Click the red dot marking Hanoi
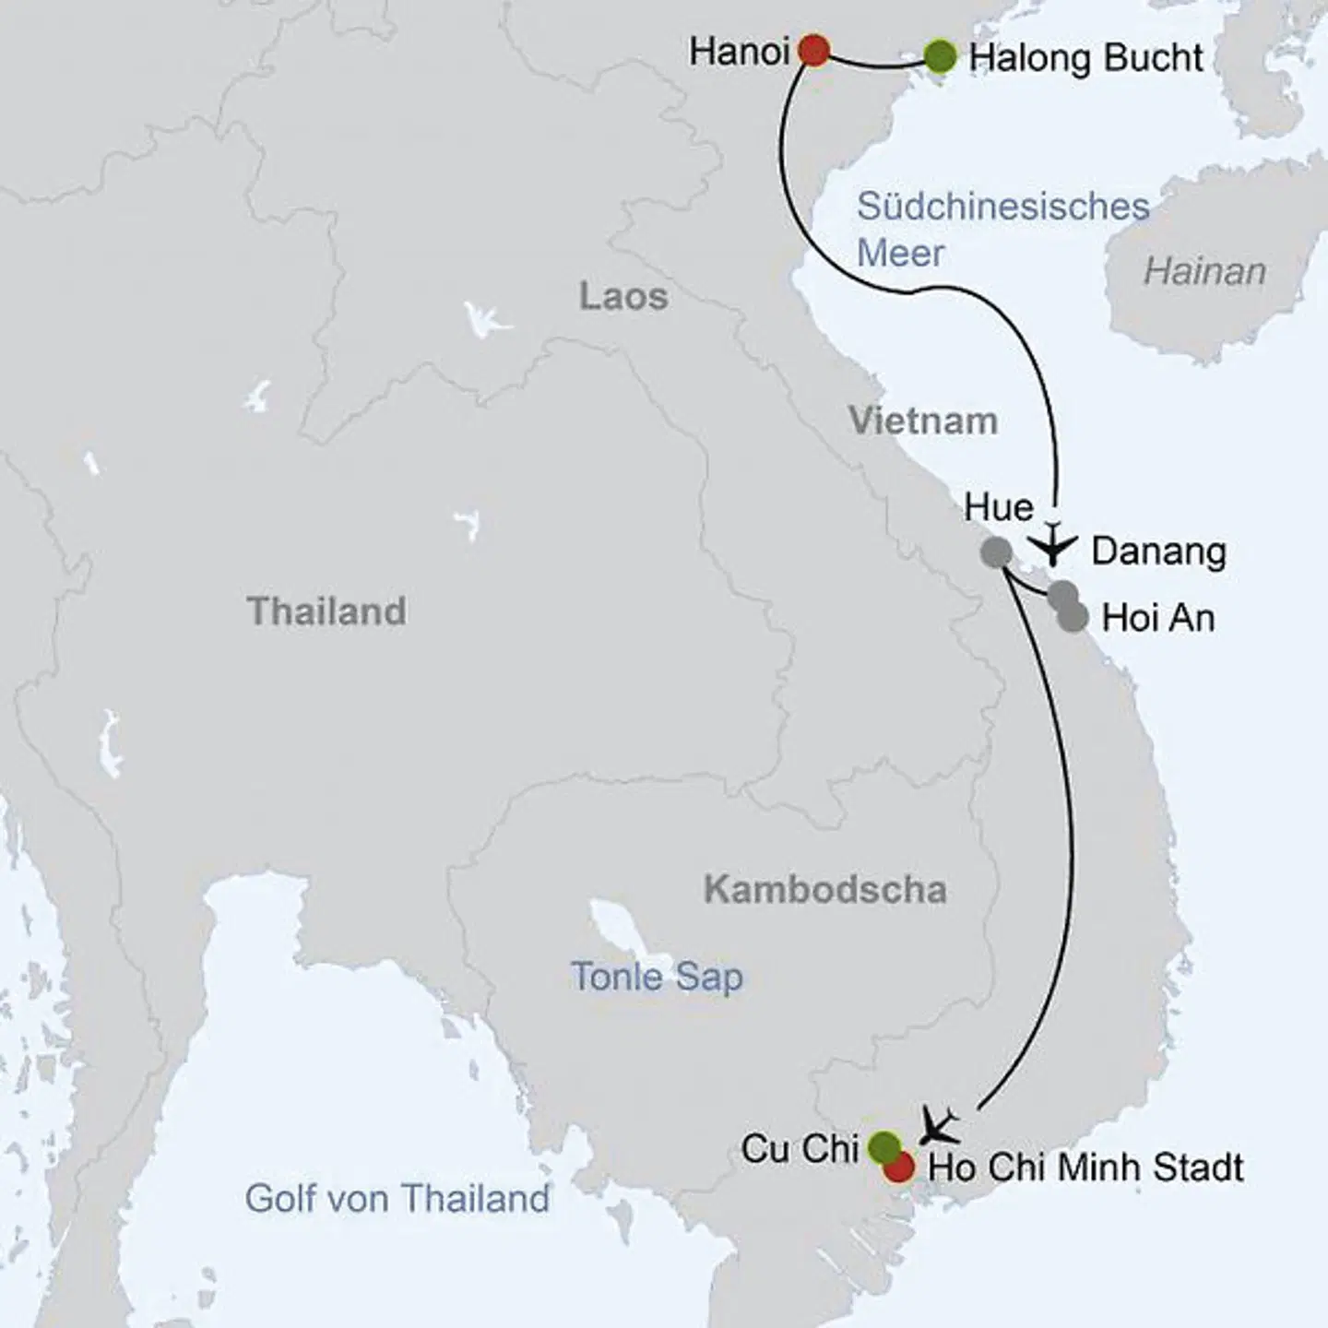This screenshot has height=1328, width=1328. pos(813,50)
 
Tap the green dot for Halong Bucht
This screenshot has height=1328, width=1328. pos(940,57)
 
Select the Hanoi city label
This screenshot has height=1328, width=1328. pos(740,52)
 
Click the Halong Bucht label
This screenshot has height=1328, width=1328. pos(1085,58)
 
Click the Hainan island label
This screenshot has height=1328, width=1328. pos(1204,272)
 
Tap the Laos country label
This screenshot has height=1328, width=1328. pos(623,297)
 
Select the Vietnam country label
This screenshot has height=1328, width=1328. pos(923,421)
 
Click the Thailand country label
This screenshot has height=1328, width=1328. pos(326,611)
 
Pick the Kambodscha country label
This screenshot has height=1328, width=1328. pos(825,890)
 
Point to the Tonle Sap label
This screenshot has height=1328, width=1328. pos(657,977)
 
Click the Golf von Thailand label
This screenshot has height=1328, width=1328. pos(397,1199)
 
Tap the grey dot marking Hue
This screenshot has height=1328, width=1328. pos(996,551)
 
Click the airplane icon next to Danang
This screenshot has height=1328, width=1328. pos(1051,545)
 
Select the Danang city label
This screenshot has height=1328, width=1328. pos(1158,551)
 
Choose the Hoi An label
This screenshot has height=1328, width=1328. pos(1158,618)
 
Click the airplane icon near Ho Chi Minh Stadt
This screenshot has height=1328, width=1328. pos(940,1126)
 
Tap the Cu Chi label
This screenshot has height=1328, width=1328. pos(800,1149)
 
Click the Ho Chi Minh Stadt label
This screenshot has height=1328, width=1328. pos(1085,1168)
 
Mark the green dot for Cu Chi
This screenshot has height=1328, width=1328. pos(883,1146)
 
